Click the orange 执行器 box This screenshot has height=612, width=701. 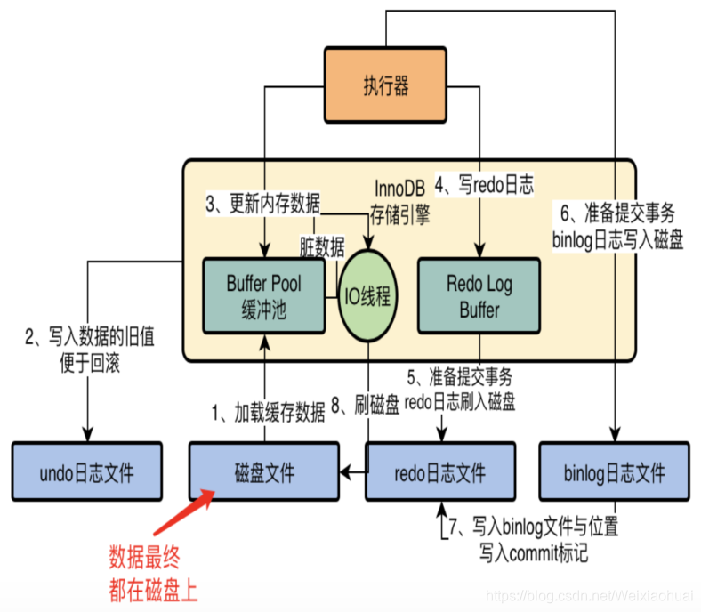[385, 85]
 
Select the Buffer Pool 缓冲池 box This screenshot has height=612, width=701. [263, 296]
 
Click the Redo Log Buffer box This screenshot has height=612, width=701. [479, 296]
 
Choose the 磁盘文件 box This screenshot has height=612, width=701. [264, 471]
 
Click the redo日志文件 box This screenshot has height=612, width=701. [439, 471]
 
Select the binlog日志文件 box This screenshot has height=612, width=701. [616, 471]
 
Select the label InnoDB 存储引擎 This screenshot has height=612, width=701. [399, 201]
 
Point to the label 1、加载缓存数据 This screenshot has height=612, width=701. [267, 411]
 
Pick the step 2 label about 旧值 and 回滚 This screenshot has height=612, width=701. [89, 350]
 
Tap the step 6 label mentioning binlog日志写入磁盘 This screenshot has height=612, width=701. [618, 226]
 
